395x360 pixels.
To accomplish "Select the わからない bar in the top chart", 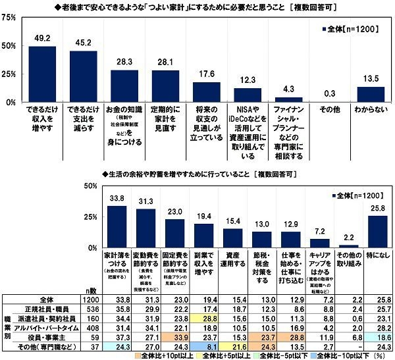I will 370,95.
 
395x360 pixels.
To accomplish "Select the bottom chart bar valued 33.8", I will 117,226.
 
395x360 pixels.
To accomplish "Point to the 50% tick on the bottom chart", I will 89,187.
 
